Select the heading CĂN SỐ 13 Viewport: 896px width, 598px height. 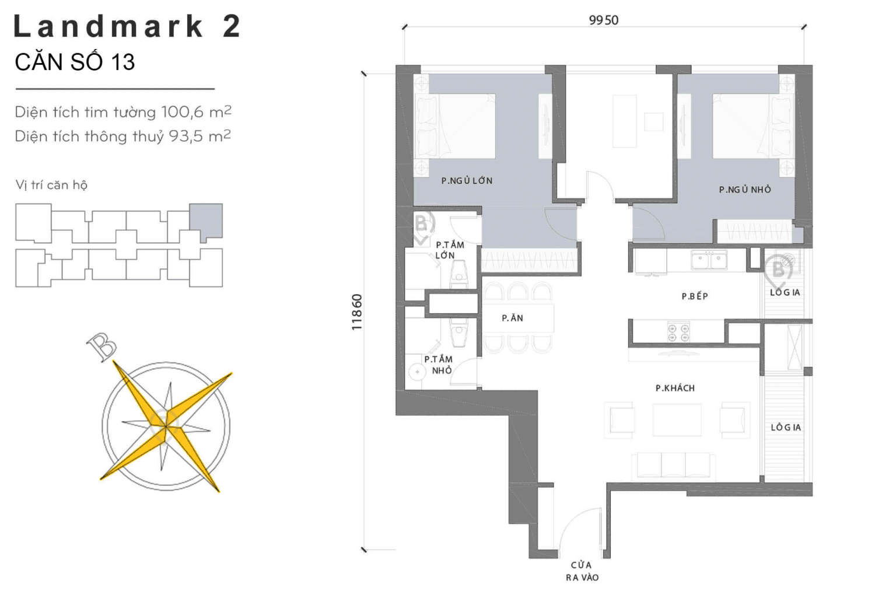[75, 62]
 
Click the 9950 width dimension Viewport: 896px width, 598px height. [603, 20]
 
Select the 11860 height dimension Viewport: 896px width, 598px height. [356, 312]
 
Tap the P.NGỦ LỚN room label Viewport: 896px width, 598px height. [467, 181]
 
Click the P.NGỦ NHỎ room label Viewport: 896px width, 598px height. [745, 190]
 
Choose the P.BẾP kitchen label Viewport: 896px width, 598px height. [695, 296]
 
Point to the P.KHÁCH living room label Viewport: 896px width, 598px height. [675, 388]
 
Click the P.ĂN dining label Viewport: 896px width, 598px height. [512, 318]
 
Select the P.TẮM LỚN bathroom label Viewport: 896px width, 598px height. [449, 250]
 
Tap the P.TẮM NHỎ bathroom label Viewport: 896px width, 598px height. [439, 365]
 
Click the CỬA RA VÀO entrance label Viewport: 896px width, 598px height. [582, 571]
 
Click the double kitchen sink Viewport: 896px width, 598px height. [709, 260]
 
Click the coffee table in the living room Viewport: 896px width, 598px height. [677, 419]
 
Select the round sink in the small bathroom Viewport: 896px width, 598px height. [417, 372]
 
